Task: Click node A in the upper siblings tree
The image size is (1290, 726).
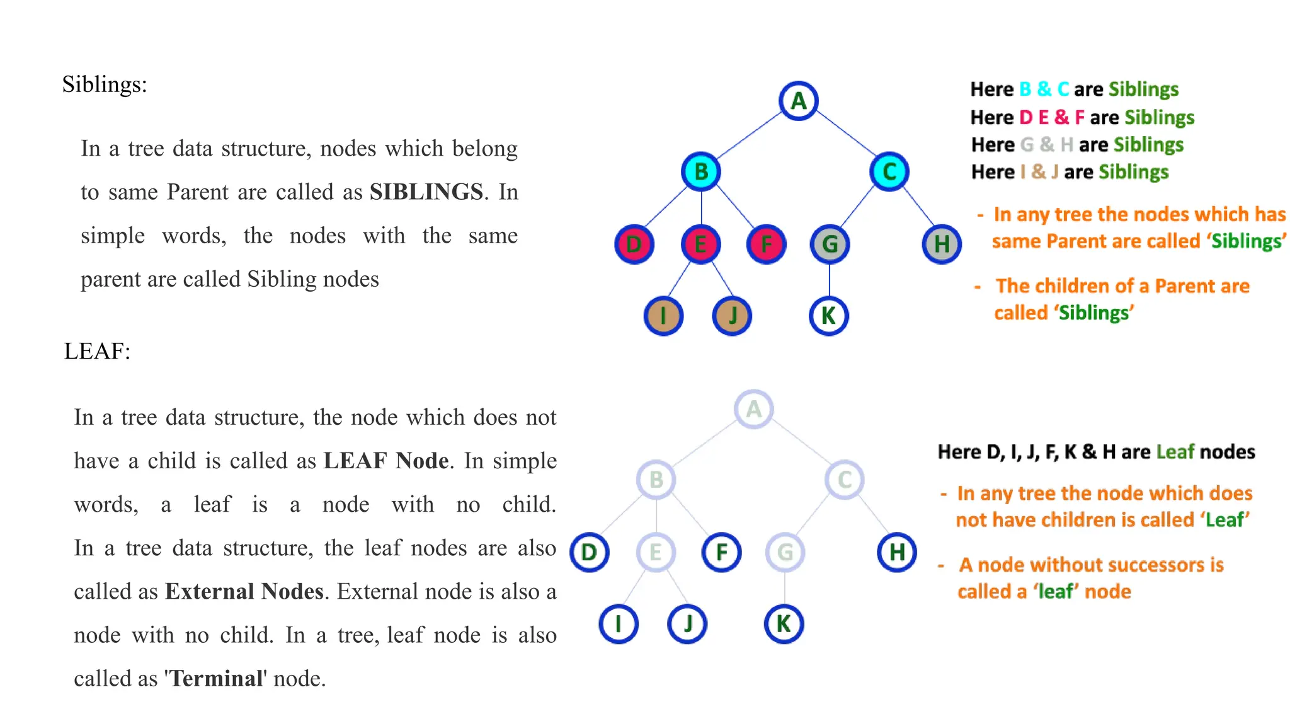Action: tap(798, 101)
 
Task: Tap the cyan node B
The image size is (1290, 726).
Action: tap(701, 171)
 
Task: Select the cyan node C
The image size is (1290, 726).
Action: tap(889, 171)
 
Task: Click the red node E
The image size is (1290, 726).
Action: tap(700, 245)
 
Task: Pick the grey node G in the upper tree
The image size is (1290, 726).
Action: tap(830, 245)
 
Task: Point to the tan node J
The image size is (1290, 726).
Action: tap(732, 316)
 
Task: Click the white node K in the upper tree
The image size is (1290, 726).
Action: tap(829, 316)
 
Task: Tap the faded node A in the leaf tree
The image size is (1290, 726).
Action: tap(753, 410)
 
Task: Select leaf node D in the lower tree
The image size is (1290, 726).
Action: tap(590, 553)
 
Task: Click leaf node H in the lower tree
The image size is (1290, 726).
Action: tap(897, 553)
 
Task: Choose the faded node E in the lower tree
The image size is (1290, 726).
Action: tap(656, 553)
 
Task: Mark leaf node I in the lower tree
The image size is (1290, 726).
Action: tap(619, 624)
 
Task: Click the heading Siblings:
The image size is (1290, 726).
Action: tap(105, 84)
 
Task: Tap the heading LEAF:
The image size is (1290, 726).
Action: tap(97, 351)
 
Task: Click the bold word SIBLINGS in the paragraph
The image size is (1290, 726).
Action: tap(426, 192)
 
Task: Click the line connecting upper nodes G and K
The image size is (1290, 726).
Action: tap(830, 280)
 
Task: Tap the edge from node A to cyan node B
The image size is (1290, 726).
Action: tap(750, 136)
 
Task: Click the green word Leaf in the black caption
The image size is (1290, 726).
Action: tap(1175, 452)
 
